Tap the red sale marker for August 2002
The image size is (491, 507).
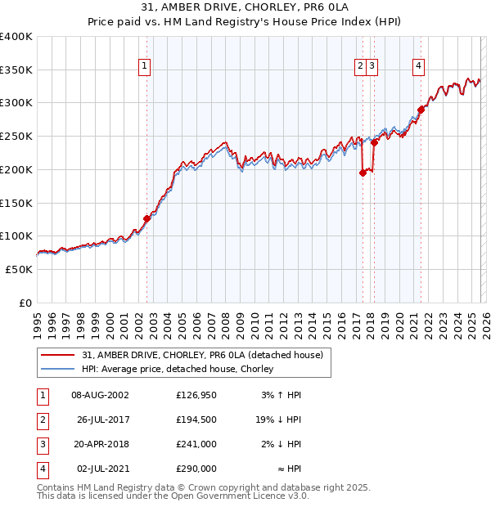(147, 218)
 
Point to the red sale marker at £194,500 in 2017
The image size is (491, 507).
(363, 173)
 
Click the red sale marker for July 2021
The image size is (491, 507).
(421, 109)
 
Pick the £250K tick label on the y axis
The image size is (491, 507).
(16, 137)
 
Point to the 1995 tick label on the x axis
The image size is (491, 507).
(37, 319)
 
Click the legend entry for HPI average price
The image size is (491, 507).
(178, 369)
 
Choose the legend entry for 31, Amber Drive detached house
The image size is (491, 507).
(203, 355)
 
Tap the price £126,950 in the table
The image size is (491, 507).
(196, 395)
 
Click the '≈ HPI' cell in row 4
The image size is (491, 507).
(286, 469)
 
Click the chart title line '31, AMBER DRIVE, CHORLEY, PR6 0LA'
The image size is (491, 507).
(245, 9)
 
